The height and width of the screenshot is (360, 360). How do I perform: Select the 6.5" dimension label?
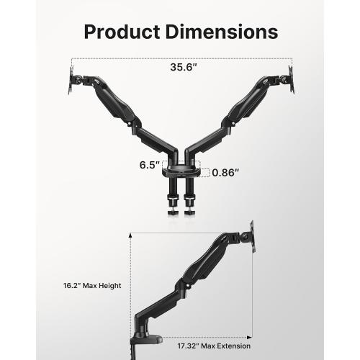148,164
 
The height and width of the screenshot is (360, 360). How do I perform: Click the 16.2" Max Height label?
91,286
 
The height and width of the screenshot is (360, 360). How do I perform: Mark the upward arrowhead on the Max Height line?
131,234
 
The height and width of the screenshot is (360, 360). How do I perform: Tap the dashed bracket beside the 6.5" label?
165,164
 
